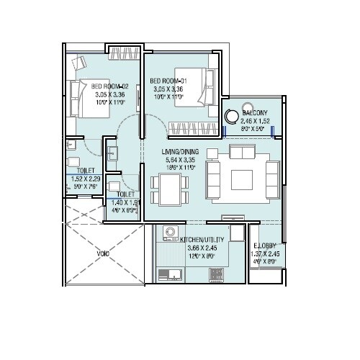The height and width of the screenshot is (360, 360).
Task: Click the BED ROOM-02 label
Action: coord(108,85)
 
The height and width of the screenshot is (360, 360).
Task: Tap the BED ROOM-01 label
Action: coord(168,81)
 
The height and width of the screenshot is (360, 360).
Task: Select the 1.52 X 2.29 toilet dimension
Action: coord(86,179)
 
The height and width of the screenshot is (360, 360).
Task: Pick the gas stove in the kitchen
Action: coord(215,273)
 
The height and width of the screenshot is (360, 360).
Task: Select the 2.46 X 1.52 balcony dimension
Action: coord(256,122)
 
